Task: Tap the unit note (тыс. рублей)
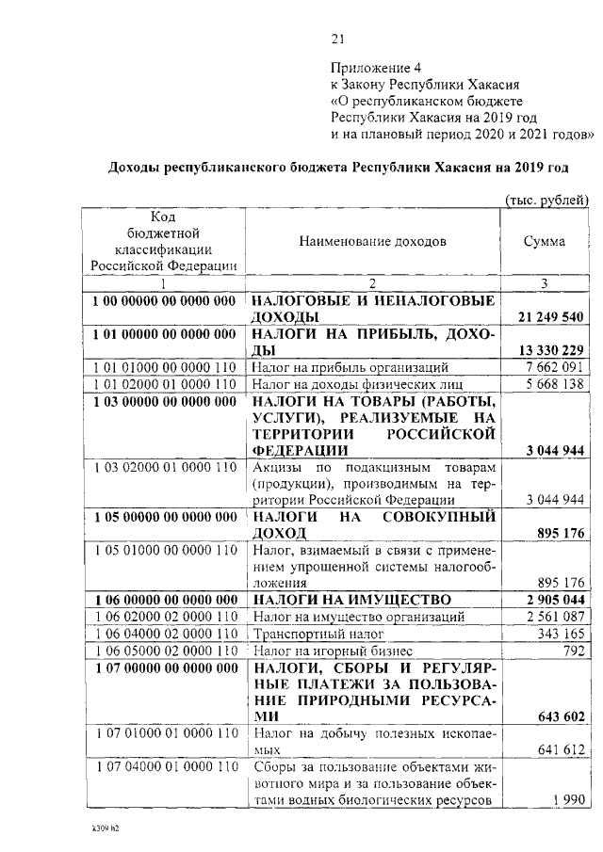546,200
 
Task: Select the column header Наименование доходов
373,241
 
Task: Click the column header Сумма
545,241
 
